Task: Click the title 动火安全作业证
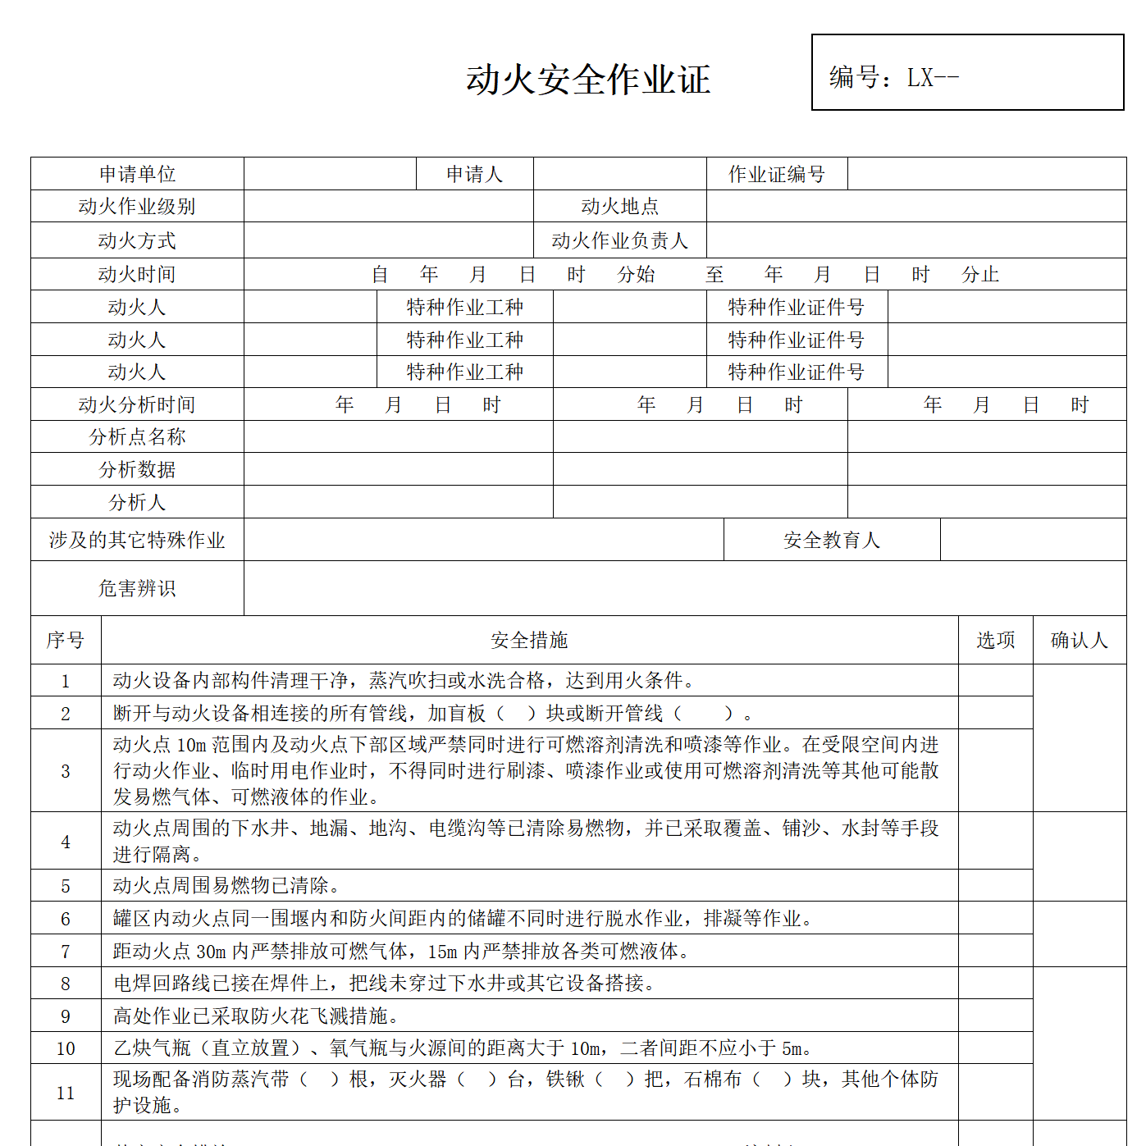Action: (588, 80)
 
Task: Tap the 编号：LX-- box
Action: (967, 72)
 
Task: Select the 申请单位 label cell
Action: (137, 174)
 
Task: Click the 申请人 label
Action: (474, 174)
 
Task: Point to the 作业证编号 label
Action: (776, 174)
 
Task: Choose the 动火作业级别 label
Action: (137, 207)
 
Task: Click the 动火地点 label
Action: (619, 207)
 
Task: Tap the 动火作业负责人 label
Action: (619, 240)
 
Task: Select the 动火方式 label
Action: (137, 240)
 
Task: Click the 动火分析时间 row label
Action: (137, 404)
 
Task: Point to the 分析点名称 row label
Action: (137, 436)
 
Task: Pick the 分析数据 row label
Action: (137, 469)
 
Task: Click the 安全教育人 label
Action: (831, 540)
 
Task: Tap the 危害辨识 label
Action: (137, 588)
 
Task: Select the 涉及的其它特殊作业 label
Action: (137, 540)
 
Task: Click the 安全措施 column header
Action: (529, 640)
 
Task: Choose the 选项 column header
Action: (995, 640)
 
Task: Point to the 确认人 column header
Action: (1079, 640)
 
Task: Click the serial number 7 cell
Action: (66, 952)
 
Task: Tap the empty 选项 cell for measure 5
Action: (995, 886)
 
